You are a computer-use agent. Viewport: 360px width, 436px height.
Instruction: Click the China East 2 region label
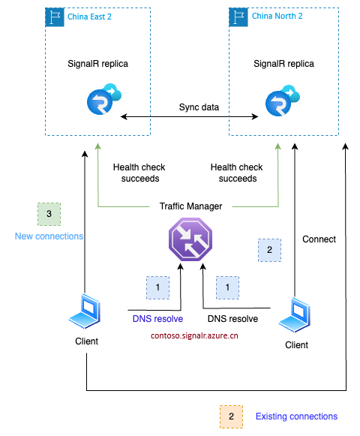[x=90, y=17]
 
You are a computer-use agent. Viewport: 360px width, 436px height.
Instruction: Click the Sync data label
[x=199, y=107]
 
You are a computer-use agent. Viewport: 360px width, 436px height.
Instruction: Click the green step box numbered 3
[x=49, y=214]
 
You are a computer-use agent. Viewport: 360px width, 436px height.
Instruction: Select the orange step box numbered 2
[x=231, y=416]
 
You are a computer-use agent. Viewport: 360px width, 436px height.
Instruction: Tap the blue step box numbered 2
[x=269, y=250]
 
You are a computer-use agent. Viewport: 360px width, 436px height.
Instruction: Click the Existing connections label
[x=296, y=416]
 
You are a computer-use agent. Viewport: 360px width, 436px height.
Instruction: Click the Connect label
[x=319, y=239]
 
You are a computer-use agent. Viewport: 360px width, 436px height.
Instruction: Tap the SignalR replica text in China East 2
[x=97, y=64]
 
